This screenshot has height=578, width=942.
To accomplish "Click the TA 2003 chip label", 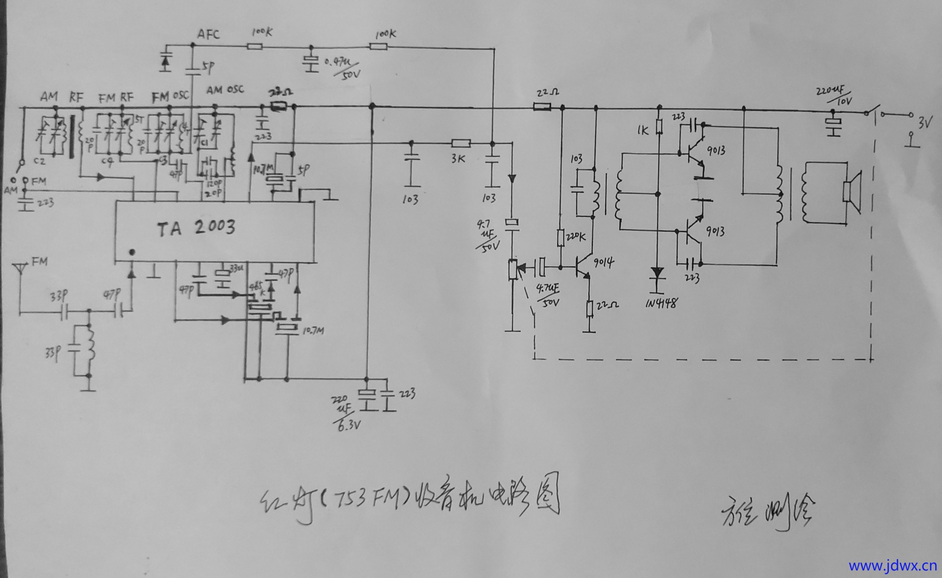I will (x=196, y=228).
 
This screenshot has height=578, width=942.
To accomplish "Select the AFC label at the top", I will (x=208, y=34).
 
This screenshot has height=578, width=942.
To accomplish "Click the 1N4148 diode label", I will (x=662, y=303).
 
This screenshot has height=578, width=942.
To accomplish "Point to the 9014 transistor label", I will (x=603, y=262).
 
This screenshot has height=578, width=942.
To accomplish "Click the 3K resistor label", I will (x=458, y=159).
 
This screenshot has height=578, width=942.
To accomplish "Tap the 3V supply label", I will (x=925, y=123).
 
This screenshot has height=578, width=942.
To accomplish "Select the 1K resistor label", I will (x=642, y=130).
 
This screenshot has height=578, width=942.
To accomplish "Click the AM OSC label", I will (x=225, y=90).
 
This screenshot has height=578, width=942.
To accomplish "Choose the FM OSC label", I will (x=170, y=96).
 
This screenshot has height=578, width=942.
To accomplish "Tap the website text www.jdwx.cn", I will (x=893, y=565).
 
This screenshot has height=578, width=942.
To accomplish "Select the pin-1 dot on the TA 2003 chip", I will (x=132, y=252).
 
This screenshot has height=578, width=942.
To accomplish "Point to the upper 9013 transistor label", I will (x=715, y=151).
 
